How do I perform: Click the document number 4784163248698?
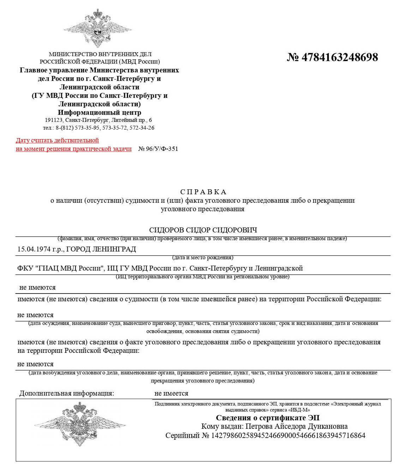(x=339, y=57)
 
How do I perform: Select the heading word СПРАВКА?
(x=203, y=192)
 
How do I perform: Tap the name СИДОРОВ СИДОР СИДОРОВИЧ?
(x=203, y=230)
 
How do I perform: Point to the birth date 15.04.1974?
(x=34, y=249)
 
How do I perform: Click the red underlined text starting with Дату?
(x=57, y=141)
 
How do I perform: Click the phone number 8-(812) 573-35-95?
(x=78, y=128)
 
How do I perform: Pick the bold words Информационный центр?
(x=100, y=113)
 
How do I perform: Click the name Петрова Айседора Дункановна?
(x=296, y=427)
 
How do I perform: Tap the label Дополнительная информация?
(x=67, y=393)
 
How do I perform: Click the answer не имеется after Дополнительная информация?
(x=171, y=393)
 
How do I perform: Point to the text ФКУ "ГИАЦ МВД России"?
(x=60, y=268)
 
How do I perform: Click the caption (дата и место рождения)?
(x=203, y=257)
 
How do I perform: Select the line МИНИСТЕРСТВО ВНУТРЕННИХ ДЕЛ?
(x=100, y=54)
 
